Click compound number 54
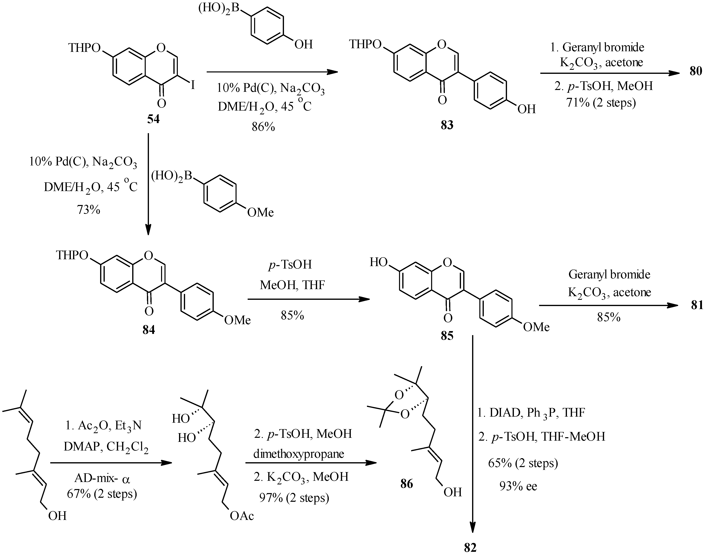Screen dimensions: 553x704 (x=153, y=119)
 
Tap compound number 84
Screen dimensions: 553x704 (x=149, y=330)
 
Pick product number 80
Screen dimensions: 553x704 (x=696, y=71)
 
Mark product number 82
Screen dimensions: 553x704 (x=470, y=547)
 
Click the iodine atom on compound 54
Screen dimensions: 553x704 (x=193, y=85)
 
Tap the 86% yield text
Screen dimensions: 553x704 (x=263, y=127)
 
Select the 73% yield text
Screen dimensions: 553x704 (x=88, y=210)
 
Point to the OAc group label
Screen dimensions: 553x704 (x=242, y=516)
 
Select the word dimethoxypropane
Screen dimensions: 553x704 (x=298, y=454)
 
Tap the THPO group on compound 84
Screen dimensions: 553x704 (x=72, y=255)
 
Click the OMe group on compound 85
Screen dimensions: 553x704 (x=536, y=327)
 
